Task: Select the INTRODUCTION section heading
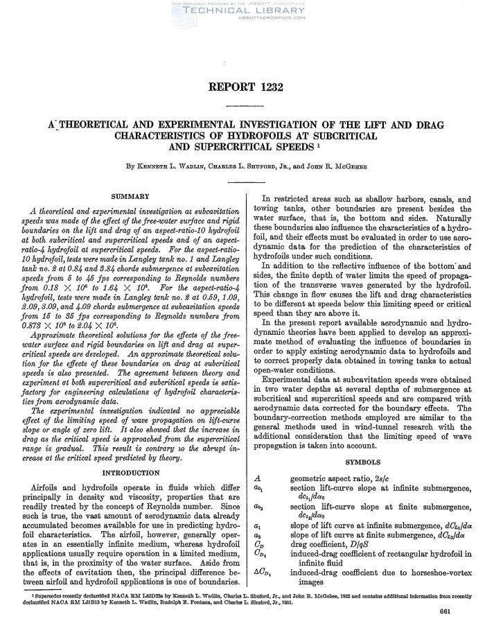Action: (x=131, y=472)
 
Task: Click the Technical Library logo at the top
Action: (x=242, y=10)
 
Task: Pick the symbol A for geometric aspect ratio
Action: (x=258, y=478)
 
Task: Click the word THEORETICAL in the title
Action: (x=88, y=125)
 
